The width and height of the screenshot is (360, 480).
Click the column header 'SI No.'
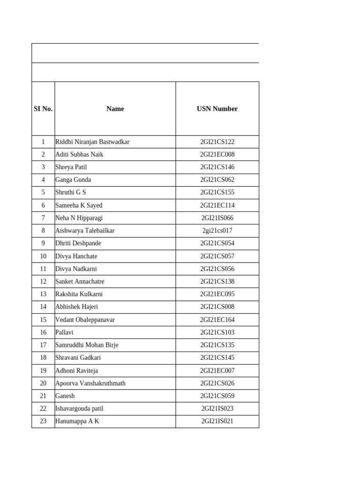[43, 109]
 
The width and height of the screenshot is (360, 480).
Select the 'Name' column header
[115, 109]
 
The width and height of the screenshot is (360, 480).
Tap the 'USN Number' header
[217, 109]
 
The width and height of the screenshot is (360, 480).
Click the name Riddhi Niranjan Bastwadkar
[92, 142]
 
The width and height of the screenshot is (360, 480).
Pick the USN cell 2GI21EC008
[217, 154]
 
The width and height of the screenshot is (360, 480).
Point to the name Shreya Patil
[71, 167]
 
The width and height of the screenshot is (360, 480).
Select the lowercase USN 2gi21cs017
[217, 231]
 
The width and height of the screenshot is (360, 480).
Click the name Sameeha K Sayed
[79, 205]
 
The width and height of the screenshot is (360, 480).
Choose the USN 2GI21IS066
[217, 218]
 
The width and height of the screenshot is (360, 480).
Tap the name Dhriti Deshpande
[78, 243]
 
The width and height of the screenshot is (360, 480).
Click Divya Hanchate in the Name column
[76, 256]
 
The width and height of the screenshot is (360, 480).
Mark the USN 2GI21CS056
[217, 269]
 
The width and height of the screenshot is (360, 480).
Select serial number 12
[43, 282]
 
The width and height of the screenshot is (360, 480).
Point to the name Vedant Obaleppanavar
[85, 320]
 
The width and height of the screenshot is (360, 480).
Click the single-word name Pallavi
[65, 332]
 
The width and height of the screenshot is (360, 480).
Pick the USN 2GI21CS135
[217, 345]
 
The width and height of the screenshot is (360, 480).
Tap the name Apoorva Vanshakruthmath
[90, 383]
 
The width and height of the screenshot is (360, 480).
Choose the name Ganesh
[65, 396]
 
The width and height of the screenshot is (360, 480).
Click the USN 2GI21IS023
[217, 409]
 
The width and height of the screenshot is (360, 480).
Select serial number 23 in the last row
[43, 421]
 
